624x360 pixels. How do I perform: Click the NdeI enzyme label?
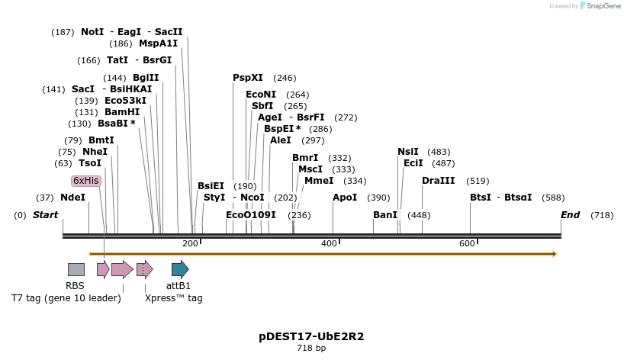72,197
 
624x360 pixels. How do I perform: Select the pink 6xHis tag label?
86,181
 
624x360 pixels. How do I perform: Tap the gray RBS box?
76,269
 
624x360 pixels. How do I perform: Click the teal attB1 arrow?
179,269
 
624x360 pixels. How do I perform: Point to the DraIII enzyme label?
438,181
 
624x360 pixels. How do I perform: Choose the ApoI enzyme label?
345,197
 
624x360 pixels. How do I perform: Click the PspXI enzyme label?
247,78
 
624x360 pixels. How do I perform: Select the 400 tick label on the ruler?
329,243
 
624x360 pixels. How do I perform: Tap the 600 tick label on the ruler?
467,243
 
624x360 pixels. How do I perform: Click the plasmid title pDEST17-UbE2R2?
311,336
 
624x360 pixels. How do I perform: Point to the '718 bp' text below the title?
311,348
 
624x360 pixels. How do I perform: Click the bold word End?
571,215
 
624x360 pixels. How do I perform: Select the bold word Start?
45,215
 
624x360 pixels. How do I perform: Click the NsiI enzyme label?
408,152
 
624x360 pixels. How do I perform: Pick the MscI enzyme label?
310,169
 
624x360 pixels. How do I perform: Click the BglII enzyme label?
146,78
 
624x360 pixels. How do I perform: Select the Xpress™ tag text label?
174,298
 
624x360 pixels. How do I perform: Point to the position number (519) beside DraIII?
478,181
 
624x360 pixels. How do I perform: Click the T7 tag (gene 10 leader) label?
66,298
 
